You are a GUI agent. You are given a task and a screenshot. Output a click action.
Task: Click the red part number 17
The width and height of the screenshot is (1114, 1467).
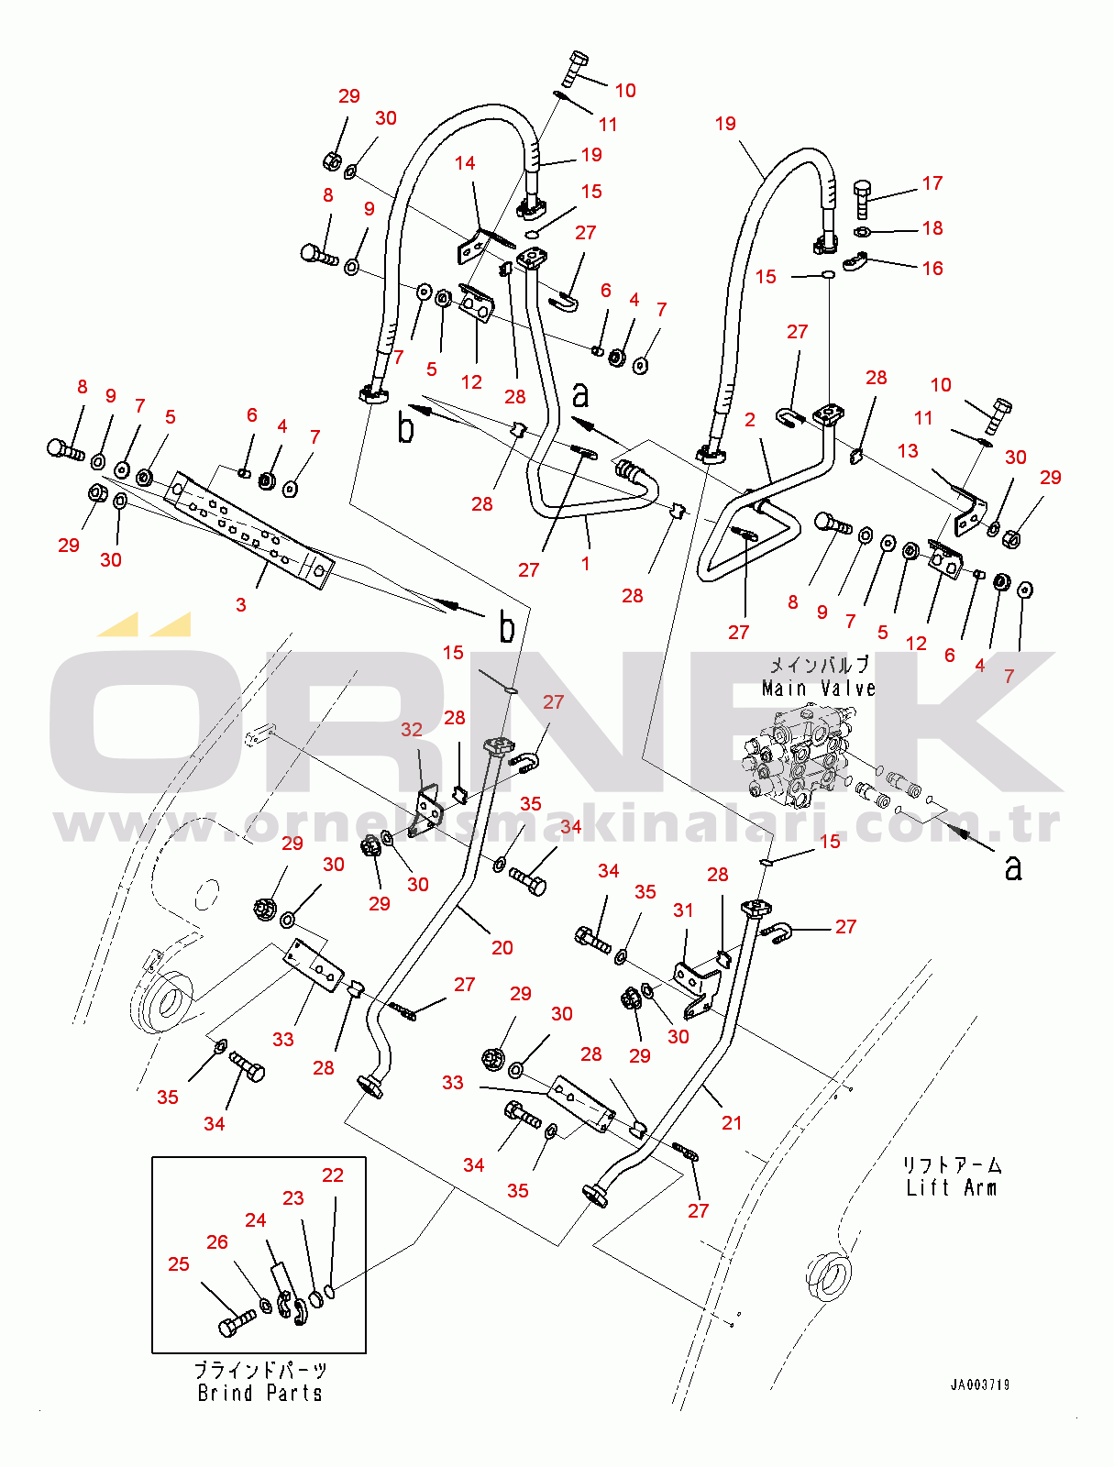point(932,183)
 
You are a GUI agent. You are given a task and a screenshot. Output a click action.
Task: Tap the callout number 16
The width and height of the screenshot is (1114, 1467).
point(932,268)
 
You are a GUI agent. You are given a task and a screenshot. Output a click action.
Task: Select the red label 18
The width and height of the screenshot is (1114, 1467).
point(932,228)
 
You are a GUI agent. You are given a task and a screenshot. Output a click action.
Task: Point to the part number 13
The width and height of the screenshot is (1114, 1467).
point(908,451)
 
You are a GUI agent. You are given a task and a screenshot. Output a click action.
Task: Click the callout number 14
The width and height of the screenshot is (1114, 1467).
point(465,163)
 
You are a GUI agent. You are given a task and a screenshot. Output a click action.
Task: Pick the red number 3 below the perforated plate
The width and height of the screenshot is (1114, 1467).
point(240,605)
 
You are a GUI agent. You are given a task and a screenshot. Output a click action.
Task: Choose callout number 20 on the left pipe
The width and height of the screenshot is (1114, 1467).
point(502,948)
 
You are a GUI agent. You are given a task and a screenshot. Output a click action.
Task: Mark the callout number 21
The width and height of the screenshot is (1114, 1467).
point(731,1123)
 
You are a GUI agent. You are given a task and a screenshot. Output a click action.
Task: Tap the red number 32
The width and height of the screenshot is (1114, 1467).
point(412,730)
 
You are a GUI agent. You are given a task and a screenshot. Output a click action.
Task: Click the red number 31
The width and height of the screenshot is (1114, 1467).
point(683,910)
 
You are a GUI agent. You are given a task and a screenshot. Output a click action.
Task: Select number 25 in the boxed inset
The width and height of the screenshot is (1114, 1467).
point(179,1264)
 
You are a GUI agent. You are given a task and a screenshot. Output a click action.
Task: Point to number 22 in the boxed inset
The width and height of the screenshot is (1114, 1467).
point(332,1175)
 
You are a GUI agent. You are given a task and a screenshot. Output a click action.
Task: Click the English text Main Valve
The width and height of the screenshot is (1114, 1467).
point(818,689)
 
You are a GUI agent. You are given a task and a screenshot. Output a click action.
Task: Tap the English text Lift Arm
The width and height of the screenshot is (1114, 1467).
point(951,1188)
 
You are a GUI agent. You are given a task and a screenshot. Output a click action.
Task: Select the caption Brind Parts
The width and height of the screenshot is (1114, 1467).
point(260,1394)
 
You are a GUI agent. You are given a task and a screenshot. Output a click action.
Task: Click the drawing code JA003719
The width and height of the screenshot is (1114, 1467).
point(979,1385)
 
